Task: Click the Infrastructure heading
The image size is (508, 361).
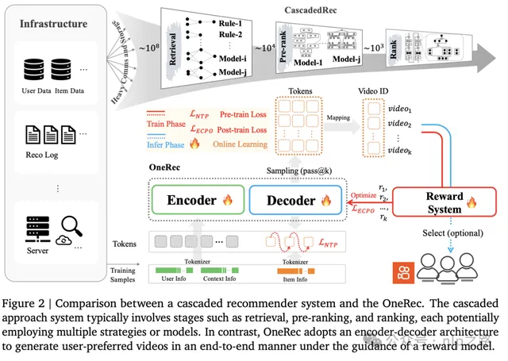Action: tap(53, 24)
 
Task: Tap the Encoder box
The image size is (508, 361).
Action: tap(194, 201)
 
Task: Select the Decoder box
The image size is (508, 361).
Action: tap(292, 201)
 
